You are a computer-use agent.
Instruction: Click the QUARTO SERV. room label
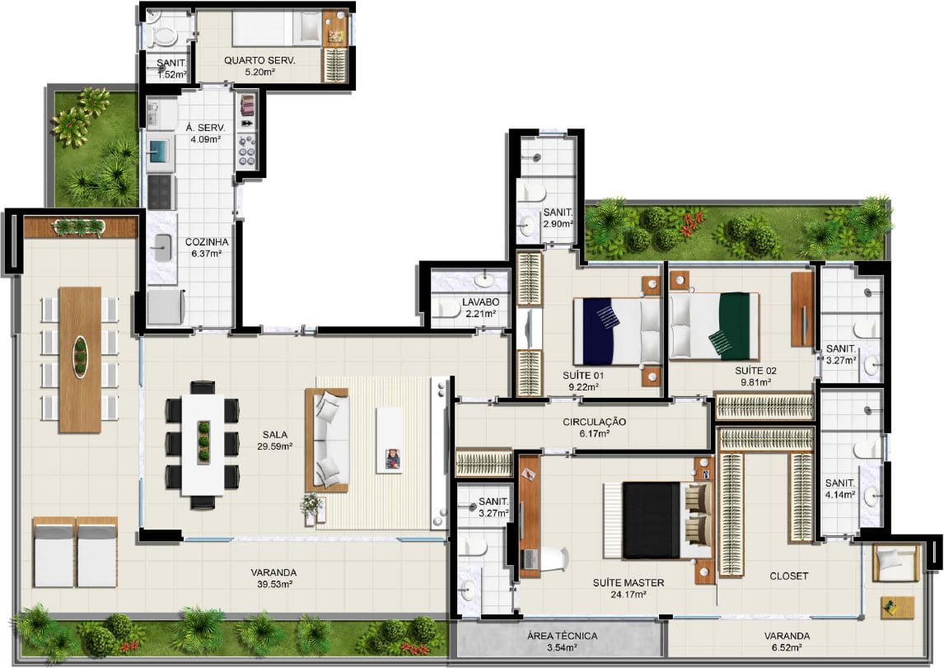point(259,60)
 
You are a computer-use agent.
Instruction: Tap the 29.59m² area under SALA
point(274,446)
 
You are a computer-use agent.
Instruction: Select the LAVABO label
point(480,302)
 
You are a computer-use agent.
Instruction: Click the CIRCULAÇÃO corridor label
point(594,422)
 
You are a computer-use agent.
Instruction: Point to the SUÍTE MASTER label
point(629,582)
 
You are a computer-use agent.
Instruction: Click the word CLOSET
point(788,576)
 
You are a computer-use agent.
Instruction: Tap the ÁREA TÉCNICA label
point(563,636)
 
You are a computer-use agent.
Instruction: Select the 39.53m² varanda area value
point(274,584)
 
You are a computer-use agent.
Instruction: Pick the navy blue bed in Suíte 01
point(617,331)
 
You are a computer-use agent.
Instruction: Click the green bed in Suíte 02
point(714,325)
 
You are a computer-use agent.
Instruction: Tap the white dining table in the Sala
point(203,444)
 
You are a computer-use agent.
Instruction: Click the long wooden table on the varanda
point(80,359)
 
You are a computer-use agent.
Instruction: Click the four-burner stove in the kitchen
point(161,191)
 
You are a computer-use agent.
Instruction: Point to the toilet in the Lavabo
point(446,310)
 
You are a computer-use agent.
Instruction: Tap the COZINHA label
point(207,242)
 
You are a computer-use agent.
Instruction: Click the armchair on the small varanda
point(896,562)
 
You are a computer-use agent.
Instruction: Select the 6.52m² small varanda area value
point(787,647)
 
